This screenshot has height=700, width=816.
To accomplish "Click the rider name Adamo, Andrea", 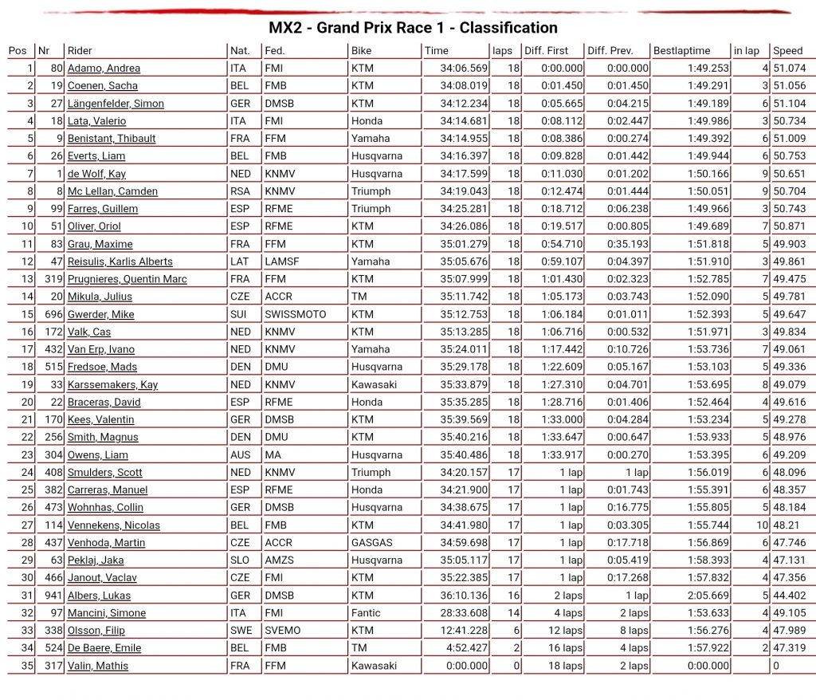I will click(x=104, y=69).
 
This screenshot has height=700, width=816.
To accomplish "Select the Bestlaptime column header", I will click(x=681, y=51).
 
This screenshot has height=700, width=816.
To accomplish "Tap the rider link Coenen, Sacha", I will click(x=102, y=86).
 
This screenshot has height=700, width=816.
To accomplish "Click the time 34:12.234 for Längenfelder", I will click(x=465, y=104).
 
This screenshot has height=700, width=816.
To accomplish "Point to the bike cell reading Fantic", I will click(x=365, y=613).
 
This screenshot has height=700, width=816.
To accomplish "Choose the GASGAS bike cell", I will click(x=371, y=543).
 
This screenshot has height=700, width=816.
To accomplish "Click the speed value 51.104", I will click(x=789, y=104).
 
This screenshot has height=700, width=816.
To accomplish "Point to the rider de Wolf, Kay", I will click(x=96, y=174).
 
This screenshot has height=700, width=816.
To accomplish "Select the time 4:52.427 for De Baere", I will click(x=468, y=648).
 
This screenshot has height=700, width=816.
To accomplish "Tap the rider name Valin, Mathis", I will click(x=97, y=666).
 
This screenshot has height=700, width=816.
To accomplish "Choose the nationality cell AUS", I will click(x=239, y=455).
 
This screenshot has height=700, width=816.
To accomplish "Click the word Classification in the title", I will click(x=508, y=28).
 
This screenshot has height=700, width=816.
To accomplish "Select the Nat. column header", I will click(x=240, y=51).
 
